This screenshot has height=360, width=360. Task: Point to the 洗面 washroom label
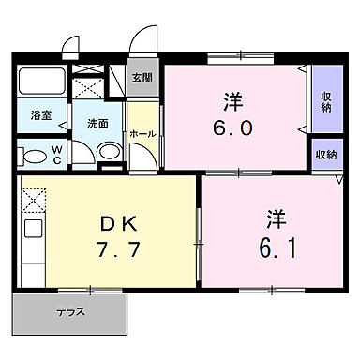point(97,123)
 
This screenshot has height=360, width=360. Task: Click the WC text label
point(56,154)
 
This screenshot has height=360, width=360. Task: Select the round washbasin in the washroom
point(106,152)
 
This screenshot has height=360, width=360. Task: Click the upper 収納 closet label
point(325,100)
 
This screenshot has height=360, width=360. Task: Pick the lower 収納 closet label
point(325,155)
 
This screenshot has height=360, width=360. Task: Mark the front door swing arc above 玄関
point(142,42)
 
